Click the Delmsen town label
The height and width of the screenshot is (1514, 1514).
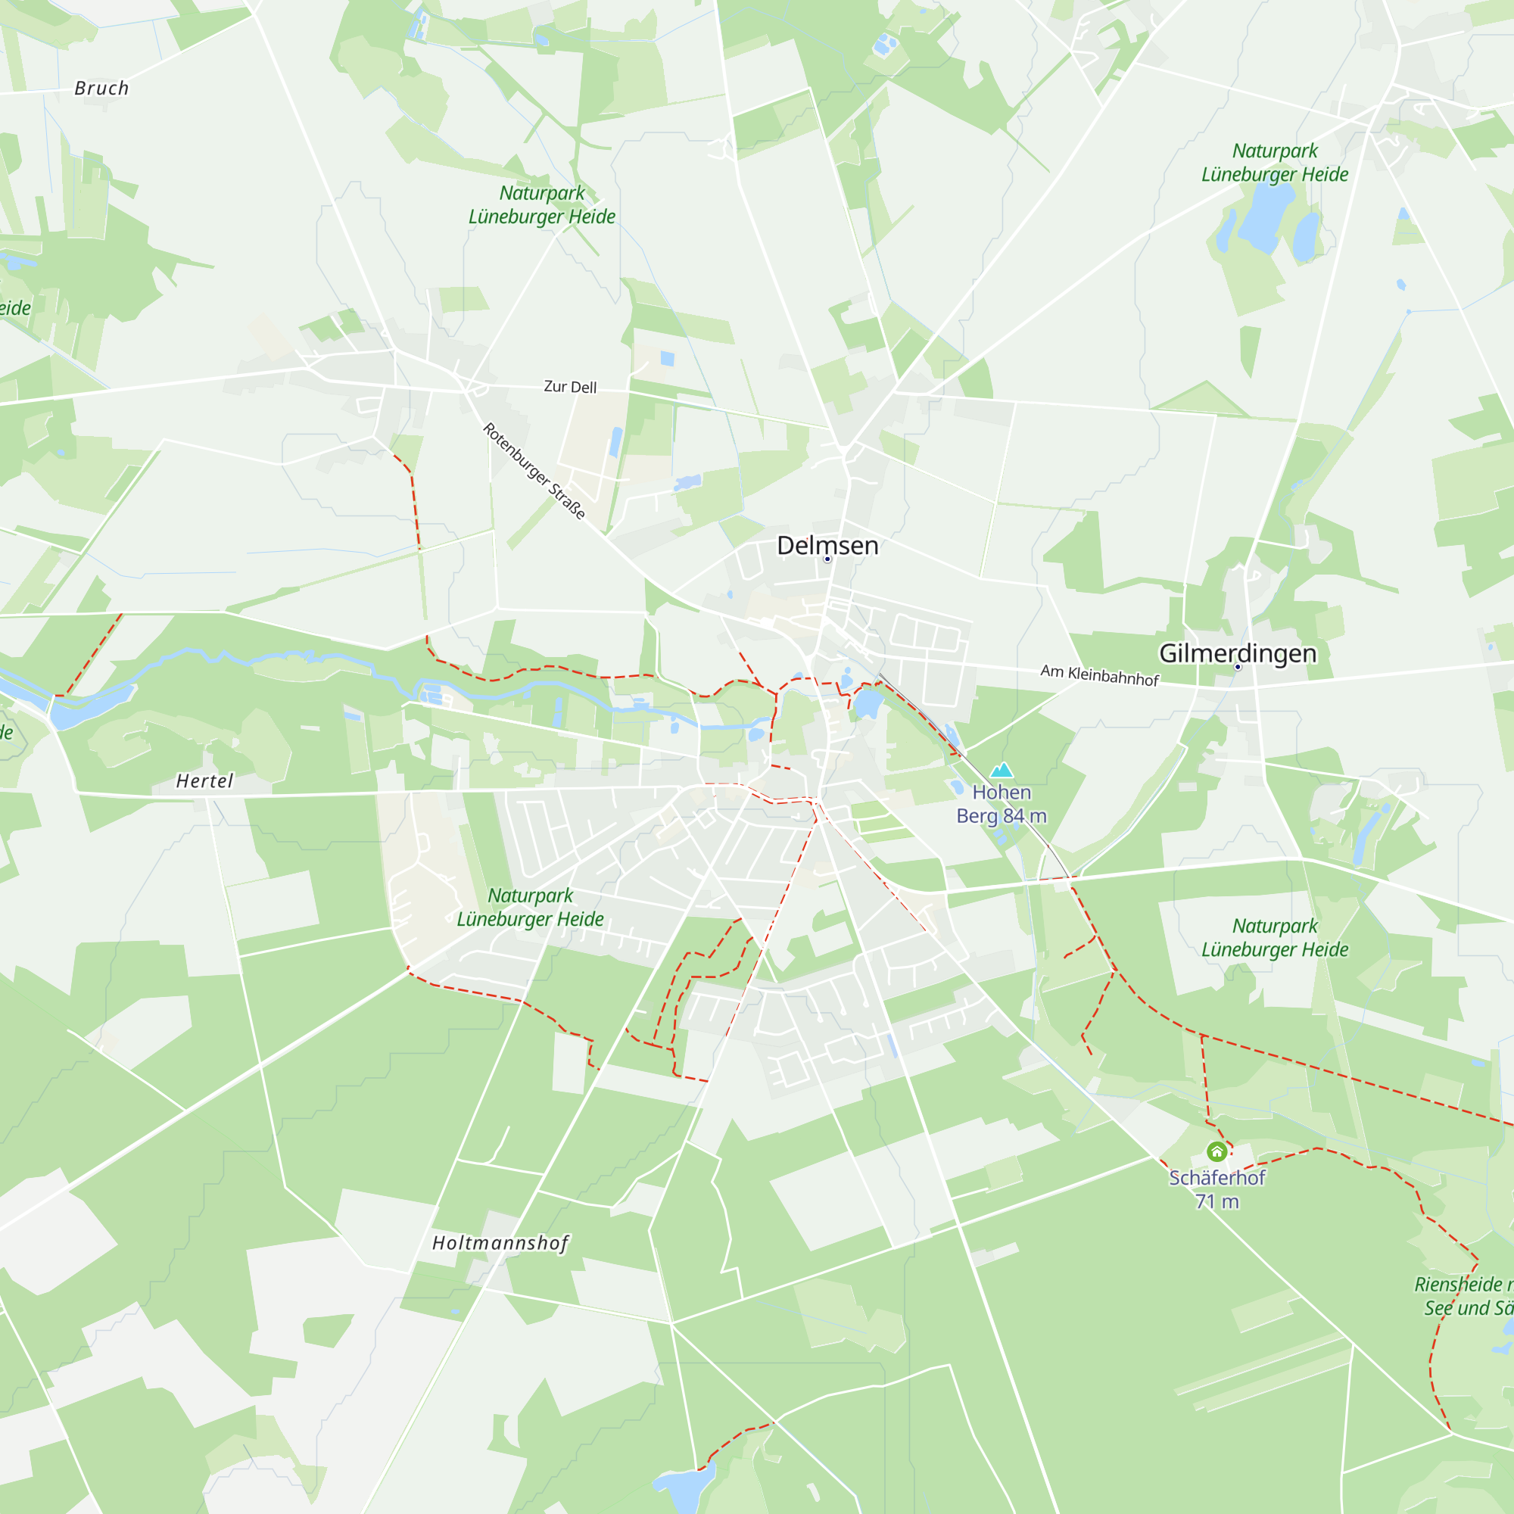tap(827, 545)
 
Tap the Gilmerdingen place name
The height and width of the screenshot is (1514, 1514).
tap(1238, 653)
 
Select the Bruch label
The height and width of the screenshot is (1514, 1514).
tap(102, 89)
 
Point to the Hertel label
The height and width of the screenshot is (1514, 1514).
tap(204, 780)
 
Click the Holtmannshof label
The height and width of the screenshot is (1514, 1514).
tap(500, 1243)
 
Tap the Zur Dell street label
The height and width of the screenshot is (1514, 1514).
tap(571, 386)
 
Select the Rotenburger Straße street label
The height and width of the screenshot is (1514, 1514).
tap(534, 470)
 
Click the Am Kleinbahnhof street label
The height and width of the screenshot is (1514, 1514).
tap(1098, 674)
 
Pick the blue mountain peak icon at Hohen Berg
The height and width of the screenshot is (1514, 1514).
tap(1002, 771)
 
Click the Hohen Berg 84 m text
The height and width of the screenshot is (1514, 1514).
tap(1002, 804)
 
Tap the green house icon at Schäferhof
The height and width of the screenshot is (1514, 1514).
tap(1216, 1151)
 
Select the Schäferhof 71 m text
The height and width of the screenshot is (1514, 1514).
tap(1216, 1188)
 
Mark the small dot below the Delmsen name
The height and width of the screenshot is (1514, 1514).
tap(827, 559)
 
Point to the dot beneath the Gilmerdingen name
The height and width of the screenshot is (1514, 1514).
tap(1238, 667)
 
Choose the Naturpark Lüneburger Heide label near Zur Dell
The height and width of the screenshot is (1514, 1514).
tap(542, 204)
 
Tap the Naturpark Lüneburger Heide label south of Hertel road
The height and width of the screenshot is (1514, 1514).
tap(531, 907)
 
